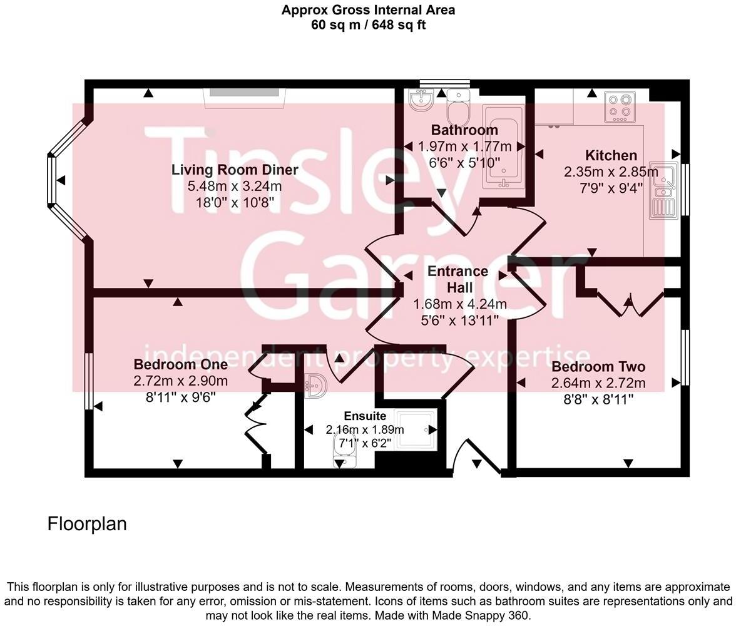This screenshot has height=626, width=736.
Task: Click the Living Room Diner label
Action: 235,170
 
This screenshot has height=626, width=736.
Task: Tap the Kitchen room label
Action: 611,155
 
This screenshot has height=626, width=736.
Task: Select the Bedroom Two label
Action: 598,367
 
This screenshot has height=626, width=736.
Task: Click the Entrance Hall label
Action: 458,279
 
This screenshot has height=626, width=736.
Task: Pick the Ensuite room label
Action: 365,416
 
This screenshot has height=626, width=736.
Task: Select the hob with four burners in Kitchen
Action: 620,106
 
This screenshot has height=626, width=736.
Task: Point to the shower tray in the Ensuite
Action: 416,429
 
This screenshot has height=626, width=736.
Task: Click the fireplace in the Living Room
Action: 244,93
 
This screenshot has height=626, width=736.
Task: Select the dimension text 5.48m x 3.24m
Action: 235,186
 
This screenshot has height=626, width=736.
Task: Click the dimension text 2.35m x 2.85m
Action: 611,172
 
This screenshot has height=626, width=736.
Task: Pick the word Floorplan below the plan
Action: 87,523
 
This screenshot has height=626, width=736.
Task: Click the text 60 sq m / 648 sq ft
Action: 368,25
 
